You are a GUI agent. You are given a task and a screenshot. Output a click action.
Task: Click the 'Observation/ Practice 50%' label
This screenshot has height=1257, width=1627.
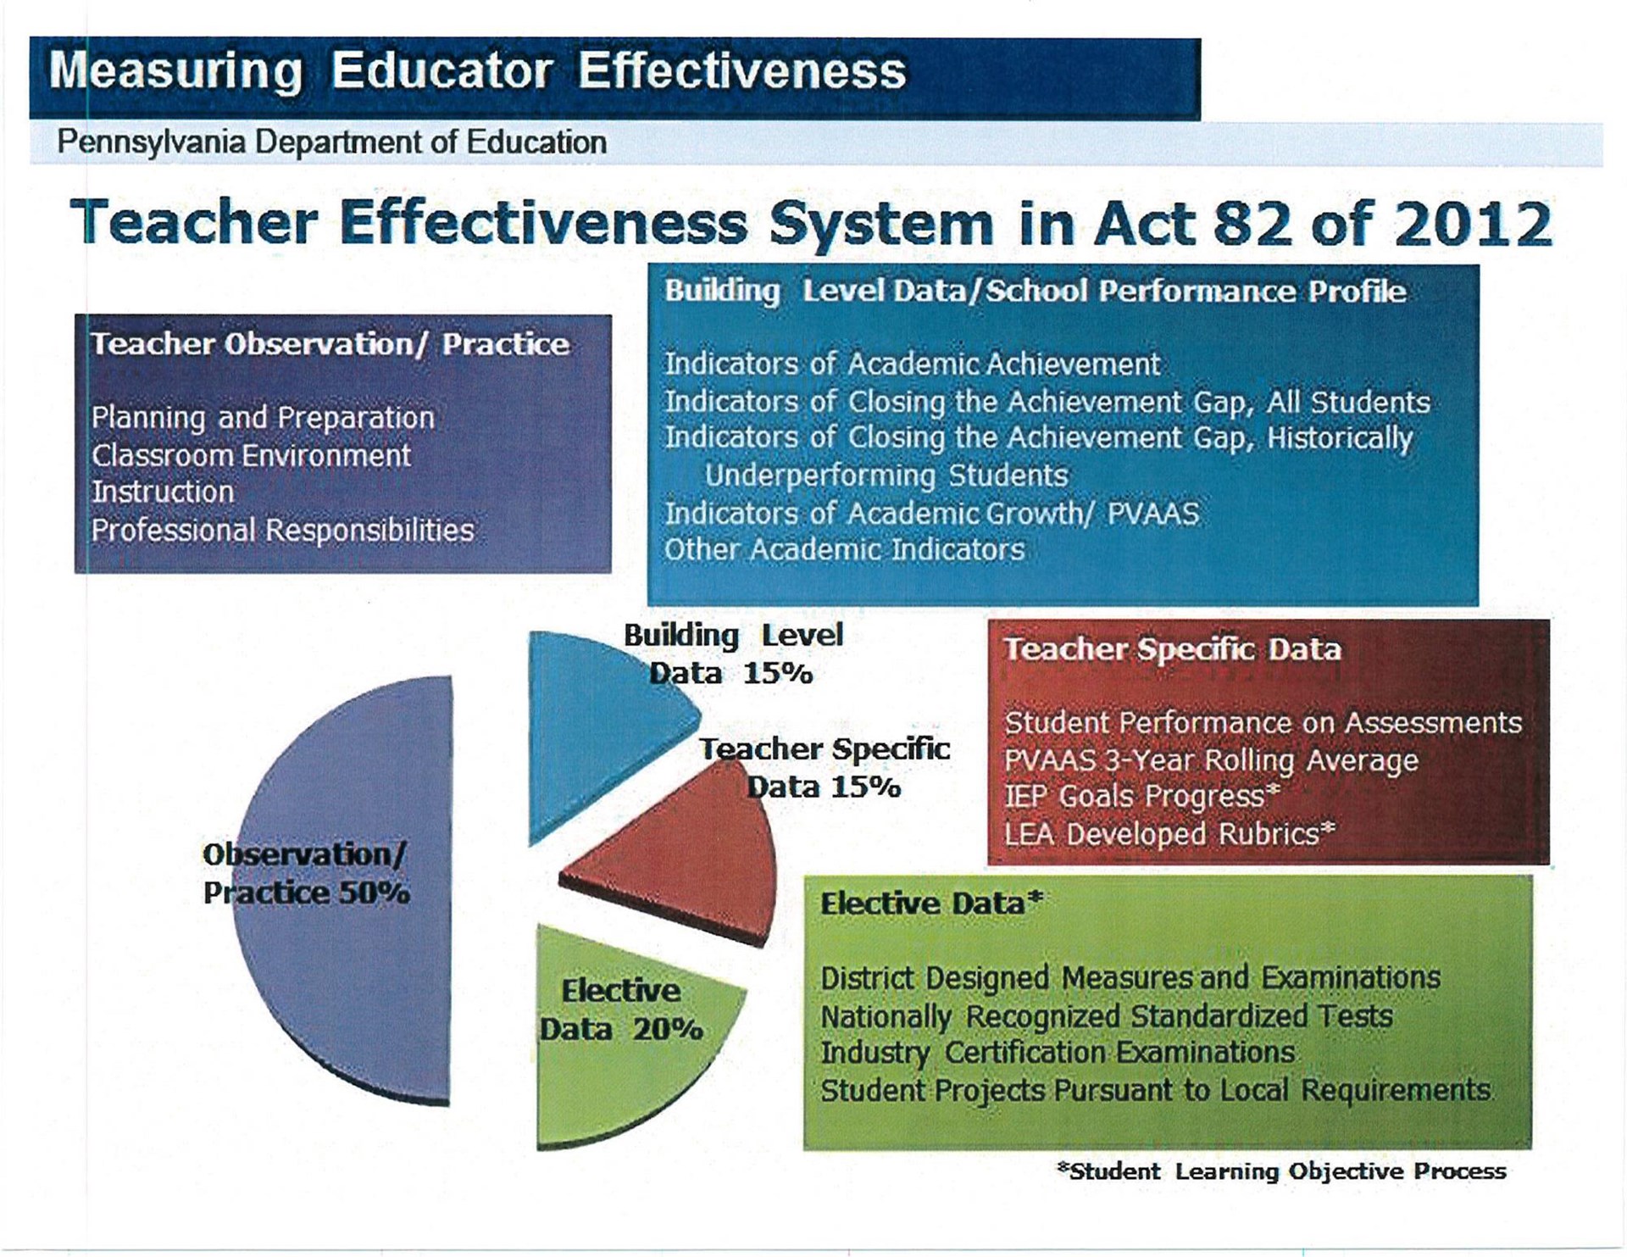coord(306,873)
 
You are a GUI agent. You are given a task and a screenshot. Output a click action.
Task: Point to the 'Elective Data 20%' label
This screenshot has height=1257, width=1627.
coord(621,1009)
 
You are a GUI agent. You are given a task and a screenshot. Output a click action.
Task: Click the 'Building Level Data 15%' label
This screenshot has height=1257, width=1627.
coord(732,654)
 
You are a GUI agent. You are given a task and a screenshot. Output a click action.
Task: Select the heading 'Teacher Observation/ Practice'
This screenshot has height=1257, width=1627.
coord(330,344)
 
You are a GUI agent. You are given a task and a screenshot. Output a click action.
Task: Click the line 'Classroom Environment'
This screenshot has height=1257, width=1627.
coord(251,455)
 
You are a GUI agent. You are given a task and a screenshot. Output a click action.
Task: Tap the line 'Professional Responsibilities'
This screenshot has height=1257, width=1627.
coord(282,530)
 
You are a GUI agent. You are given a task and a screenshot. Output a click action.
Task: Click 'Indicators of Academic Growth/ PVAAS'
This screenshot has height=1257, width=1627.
coord(931,513)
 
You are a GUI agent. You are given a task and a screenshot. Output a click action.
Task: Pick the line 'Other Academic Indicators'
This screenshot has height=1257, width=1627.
coord(844,549)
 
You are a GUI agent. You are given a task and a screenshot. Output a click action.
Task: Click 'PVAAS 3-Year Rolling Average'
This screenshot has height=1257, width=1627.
coord(1211,760)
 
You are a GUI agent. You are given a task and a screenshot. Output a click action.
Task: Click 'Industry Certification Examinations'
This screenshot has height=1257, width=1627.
coord(1058,1052)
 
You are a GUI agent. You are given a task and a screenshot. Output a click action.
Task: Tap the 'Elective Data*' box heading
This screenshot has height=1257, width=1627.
coord(930,904)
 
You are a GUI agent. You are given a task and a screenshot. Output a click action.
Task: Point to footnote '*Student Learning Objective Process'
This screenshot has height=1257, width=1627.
coord(1281,1171)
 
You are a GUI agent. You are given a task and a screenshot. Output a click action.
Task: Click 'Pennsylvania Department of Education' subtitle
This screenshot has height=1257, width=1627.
coord(331,142)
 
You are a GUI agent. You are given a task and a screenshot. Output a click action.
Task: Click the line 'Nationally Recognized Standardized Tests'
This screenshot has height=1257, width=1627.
coord(1106,1015)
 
